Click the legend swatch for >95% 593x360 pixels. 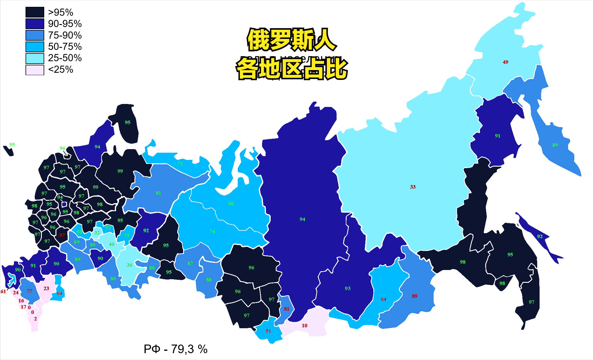(35, 12)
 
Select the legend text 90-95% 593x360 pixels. (65, 24)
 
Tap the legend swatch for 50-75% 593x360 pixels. (35, 47)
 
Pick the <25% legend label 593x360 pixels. (61, 70)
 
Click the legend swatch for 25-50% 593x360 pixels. (35, 58)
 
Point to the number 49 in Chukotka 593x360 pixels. (505, 62)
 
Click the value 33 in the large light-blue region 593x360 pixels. (413, 187)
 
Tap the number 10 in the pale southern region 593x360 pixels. (305, 326)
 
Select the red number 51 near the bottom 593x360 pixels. (268, 331)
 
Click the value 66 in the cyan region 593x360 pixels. (231, 204)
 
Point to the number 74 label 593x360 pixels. (212, 231)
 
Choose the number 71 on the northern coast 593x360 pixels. (180, 164)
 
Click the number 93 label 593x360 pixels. (348, 288)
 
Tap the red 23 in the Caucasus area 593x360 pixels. (46, 288)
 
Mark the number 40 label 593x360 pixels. (112, 244)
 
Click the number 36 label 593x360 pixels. (129, 265)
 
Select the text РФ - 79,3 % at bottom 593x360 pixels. (175, 349)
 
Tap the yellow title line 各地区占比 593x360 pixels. (291, 69)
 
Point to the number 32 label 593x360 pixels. (97, 233)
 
